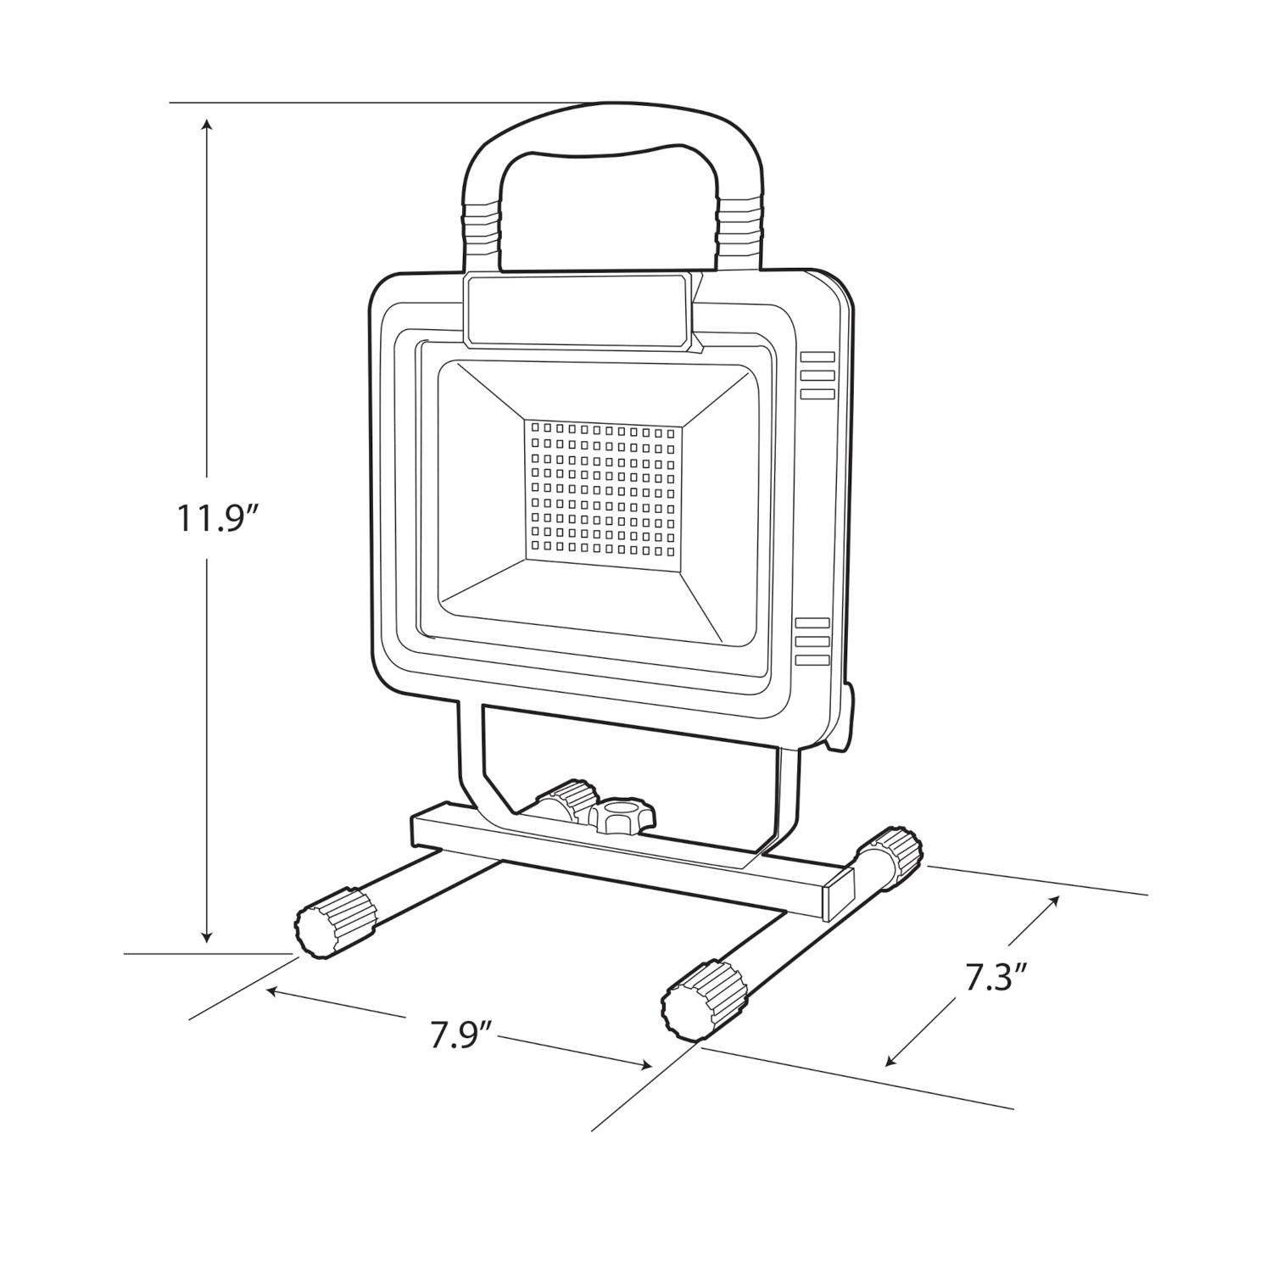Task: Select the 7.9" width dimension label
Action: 461,1036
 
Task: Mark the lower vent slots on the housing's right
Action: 812,641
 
